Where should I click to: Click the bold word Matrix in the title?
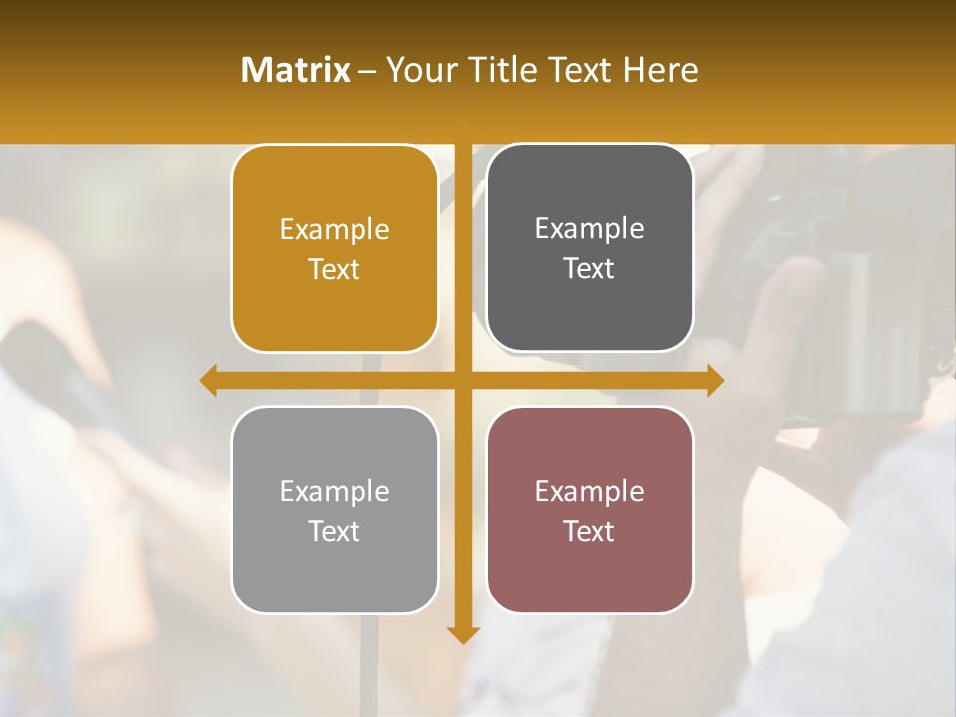coord(295,70)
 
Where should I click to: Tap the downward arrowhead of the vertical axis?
coord(462,634)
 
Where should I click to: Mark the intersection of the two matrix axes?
coord(462,381)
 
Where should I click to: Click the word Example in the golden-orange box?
coord(335,230)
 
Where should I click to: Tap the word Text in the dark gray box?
coord(590,269)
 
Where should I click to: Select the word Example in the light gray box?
coord(335,492)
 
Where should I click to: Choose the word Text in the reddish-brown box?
coord(590,532)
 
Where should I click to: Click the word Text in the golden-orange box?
coord(335,270)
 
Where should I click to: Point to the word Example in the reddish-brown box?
coord(590,492)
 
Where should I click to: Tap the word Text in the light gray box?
coord(335,532)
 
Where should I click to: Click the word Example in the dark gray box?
coord(590,229)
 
